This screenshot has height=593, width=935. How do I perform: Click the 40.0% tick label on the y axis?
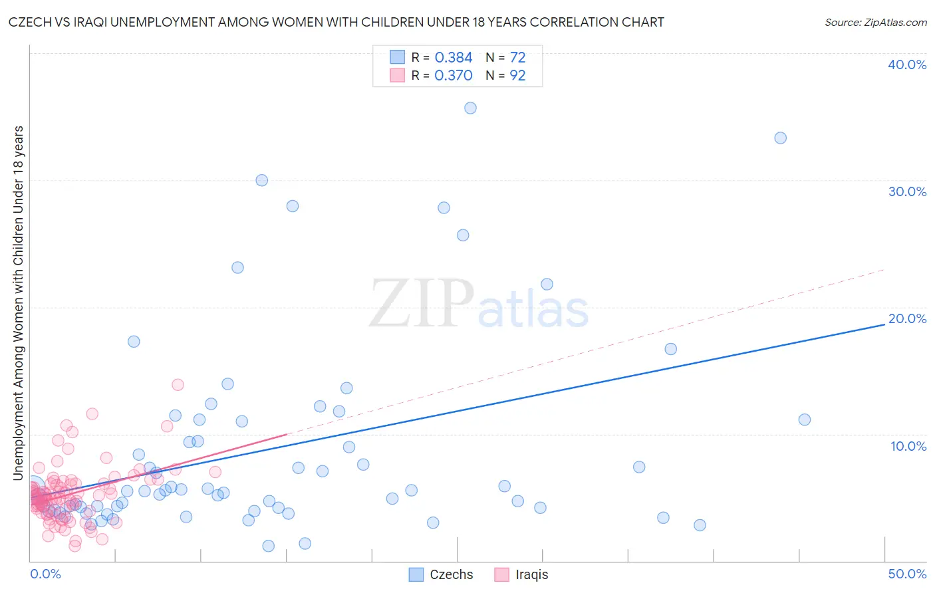(x=906, y=64)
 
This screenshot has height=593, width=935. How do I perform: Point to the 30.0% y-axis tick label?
(x=906, y=191)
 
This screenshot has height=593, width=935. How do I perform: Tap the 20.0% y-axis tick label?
(x=906, y=318)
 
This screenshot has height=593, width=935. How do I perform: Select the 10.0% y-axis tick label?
(x=908, y=446)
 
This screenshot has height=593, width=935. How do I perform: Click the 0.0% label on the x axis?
(x=45, y=574)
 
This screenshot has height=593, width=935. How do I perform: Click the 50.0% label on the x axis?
(x=906, y=574)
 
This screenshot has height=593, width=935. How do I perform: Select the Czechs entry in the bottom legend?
(x=442, y=574)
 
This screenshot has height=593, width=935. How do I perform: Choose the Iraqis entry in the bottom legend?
(x=522, y=574)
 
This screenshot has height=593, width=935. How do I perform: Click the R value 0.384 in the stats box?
(x=453, y=57)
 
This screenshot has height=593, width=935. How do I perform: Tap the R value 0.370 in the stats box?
(x=453, y=75)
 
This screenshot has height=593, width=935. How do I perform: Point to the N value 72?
(x=517, y=57)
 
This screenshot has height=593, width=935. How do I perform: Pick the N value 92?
(x=517, y=75)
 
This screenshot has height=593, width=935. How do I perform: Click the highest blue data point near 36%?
(x=470, y=108)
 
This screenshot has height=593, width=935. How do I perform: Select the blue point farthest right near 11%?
(x=804, y=419)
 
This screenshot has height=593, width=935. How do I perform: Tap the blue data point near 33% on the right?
(x=780, y=138)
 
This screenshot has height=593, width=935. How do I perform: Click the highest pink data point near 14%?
(x=178, y=384)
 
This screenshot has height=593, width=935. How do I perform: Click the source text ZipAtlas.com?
(x=875, y=22)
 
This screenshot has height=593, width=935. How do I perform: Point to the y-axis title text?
(x=18, y=302)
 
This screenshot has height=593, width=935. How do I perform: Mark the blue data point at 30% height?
(x=261, y=180)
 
